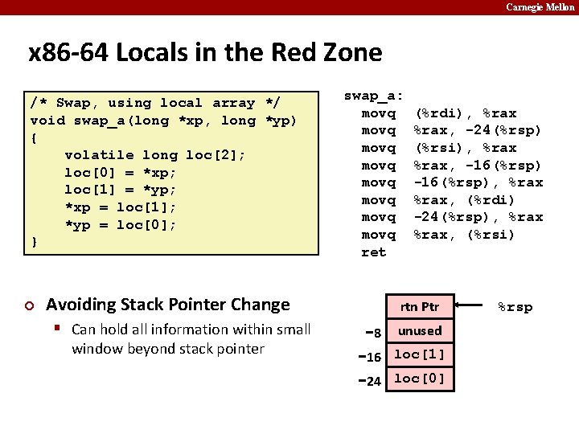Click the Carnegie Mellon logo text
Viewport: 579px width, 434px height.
coord(540,7)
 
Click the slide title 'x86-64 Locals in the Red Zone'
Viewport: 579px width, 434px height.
coord(205,53)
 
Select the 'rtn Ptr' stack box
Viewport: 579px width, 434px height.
coord(419,306)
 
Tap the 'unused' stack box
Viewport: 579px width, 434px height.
coord(419,330)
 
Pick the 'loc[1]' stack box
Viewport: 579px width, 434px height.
coord(419,354)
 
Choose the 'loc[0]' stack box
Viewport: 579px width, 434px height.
coord(419,379)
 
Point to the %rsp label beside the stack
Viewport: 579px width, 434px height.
coord(515,307)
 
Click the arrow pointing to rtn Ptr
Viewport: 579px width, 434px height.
coord(474,306)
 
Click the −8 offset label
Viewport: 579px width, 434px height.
coord(371,332)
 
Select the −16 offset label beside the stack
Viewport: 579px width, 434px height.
coord(368,356)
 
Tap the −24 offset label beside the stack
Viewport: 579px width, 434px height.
coord(368,381)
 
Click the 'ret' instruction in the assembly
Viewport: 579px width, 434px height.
coord(374,252)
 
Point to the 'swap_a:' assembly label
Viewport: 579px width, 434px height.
coord(374,96)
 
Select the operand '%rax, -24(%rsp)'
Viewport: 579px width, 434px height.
coord(478,130)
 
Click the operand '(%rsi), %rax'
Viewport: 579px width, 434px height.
coord(465,148)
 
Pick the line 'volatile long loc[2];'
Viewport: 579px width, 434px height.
coord(154,155)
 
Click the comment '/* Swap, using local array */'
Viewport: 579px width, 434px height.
coord(154,103)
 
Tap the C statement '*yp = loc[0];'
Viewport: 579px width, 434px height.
coord(120,225)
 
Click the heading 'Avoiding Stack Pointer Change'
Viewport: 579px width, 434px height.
coord(167,305)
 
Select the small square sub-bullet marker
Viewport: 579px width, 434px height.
coord(59,330)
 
